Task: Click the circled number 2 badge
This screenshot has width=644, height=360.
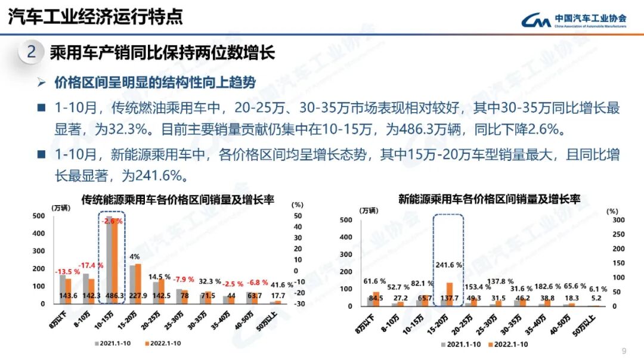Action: (x=31, y=52)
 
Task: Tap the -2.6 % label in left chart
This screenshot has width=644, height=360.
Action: (x=112, y=221)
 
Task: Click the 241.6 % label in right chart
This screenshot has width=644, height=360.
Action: (x=449, y=265)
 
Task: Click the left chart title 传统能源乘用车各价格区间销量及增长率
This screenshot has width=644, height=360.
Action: (x=178, y=200)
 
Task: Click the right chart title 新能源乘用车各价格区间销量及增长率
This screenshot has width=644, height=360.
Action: (x=489, y=199)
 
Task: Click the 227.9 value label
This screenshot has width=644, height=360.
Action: (x=138, y=296)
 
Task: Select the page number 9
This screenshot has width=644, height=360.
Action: (x=624, y=350)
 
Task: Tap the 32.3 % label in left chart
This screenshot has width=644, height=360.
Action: (x=210, y=281)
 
